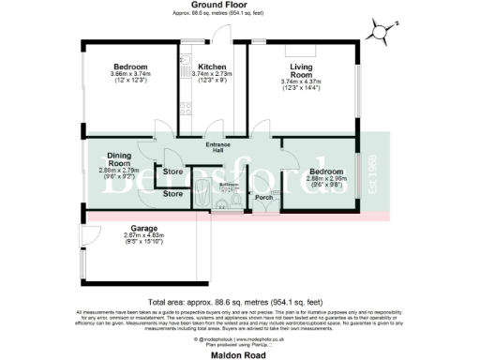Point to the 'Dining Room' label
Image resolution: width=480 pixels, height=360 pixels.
click(118, 158)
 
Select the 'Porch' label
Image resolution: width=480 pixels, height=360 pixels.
click(263, 197)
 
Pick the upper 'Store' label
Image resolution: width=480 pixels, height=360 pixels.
click(172, 172)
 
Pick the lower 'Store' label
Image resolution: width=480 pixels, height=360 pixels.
click(172, 193)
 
